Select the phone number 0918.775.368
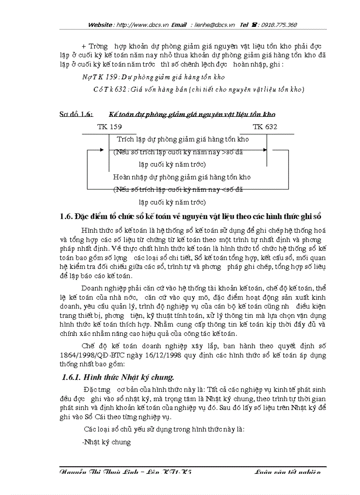[x=279, y=25]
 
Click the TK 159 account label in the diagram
[x=109, y=127]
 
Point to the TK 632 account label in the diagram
[x=265, y=127]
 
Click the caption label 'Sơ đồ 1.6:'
[x=76, y=114]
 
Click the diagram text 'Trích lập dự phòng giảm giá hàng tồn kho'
[x=183, y=139]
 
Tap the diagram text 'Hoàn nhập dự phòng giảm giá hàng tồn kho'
[x=181, y=177]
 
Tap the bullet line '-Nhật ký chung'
[x=107, y=442]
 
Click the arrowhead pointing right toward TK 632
[x=265, y=150]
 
